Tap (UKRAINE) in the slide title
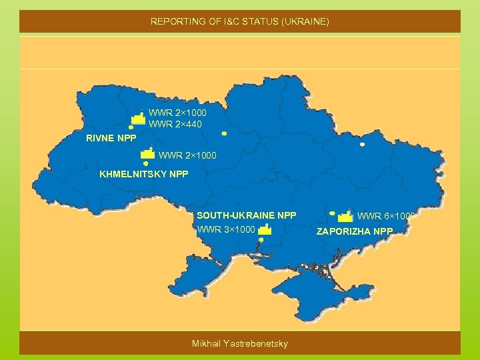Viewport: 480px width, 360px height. pos(306,22)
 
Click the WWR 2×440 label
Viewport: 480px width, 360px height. pos(175,124)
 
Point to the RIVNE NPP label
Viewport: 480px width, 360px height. pos(111,139)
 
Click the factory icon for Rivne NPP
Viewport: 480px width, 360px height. pos(138,118)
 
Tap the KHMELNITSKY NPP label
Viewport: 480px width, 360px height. pos(144,174)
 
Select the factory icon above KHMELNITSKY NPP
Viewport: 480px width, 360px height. pos(148,153)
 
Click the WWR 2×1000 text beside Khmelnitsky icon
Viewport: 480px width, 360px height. pos(188,156)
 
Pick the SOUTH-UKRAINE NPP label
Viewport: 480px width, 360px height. pos(246,215)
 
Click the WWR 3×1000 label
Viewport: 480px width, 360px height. pos(226,230)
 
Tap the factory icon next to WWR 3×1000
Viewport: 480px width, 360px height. pos(265,229)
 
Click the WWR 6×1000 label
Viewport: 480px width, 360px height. pos(386,216)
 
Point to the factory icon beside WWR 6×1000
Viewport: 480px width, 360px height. pos(345,216)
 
